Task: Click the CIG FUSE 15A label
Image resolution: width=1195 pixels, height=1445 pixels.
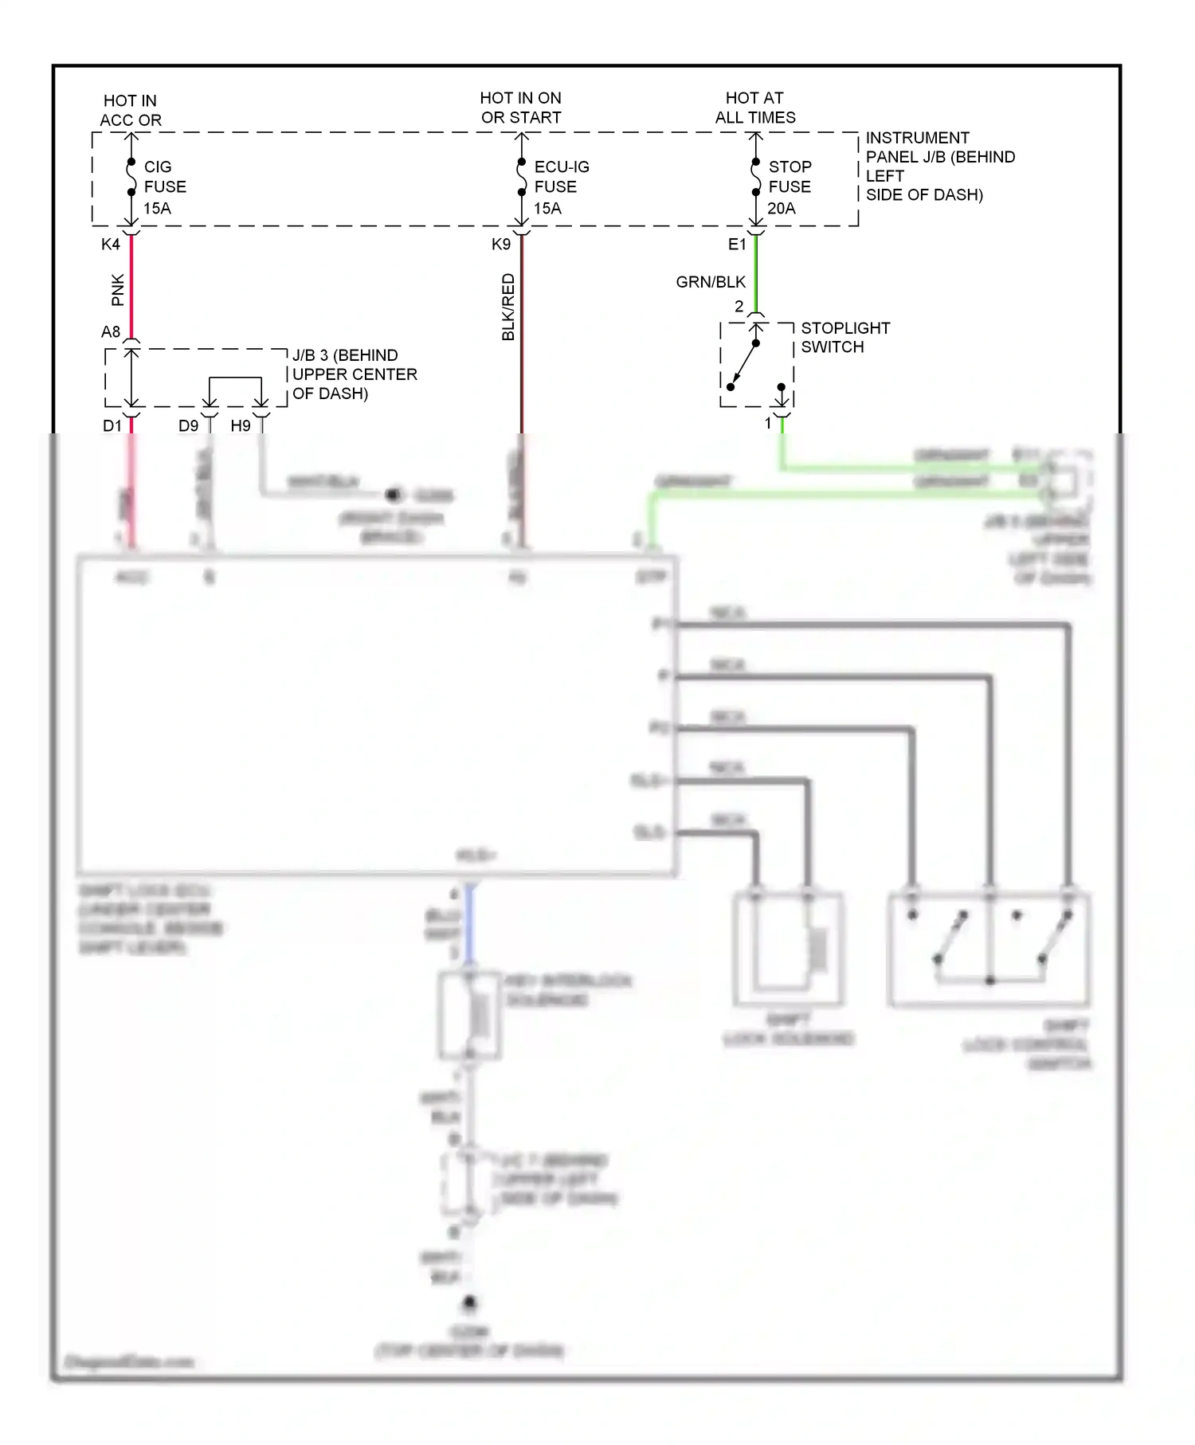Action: pyautogui.click(x=163, y=187)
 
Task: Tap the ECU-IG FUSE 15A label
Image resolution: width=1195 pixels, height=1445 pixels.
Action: pyautogui.click(x=560, y=187)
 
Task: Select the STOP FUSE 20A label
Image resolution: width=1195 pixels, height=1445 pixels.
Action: pyautogui.click(x=789, y=187)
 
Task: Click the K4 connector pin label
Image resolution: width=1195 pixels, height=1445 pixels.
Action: pyautogui.click(x=111, y=245)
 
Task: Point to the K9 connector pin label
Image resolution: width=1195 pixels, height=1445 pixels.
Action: pyautogui.click(x=500, y=245)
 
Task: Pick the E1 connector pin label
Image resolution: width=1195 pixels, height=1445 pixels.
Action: pyautogui.click(x=737, y=245)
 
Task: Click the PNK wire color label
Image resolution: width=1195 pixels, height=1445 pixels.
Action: pyautogui.click(x=118, y=290)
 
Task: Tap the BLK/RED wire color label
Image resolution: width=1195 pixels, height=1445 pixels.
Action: pyautogui.click(x=508, y=307)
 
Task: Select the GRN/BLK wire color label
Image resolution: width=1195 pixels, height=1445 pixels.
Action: pyautogui.click(x=711, y=282)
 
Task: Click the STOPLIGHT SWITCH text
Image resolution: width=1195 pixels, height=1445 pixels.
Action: pyautogui.click(x=844, y=338)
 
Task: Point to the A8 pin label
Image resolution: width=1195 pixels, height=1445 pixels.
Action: pyautogui.click(x=111, y=332)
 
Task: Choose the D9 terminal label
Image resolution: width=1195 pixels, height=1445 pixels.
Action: pyautogui.click(x=188, y=426)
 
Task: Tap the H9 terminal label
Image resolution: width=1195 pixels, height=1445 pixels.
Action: pyautogui.click(x=241, y=426)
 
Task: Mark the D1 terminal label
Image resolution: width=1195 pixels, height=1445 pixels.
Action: pyautogui.click(x=112, y=426)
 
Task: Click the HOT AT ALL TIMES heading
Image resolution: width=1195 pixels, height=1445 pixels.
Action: pyautogui.click(x=754, y=108)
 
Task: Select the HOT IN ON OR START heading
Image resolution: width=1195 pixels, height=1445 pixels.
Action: pyautogui.click(x=520, y=108)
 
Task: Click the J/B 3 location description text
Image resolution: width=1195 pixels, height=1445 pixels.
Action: pyautogui.click(x=354, y=374)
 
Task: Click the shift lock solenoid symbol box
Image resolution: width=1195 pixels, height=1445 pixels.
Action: pyautogui.click(x=787, y=949)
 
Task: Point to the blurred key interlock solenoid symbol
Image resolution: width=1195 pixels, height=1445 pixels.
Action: pyautogui.click(x=470, y=1016)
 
